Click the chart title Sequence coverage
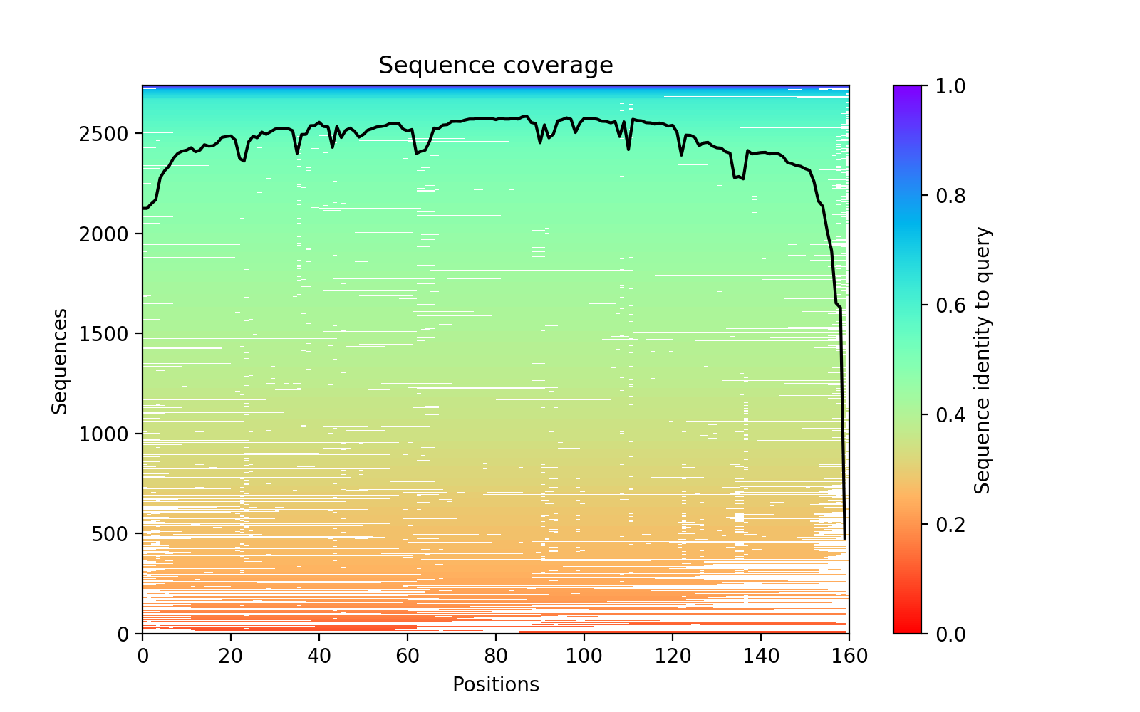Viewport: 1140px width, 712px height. pyautogui.click(x=495, y=66)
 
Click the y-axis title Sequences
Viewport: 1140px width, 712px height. pyautogui.click(x=60, y=360)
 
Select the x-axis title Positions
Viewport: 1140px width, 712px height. pyautogui.click(x=495, y=685)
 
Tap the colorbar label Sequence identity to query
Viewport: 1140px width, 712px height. pyautogui.click(x=983, y=360)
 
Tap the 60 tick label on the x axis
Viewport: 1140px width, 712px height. pyautogui.click(x=408, y=656)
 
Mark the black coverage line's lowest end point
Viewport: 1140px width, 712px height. pyautogui.click(x=845, y=539)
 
